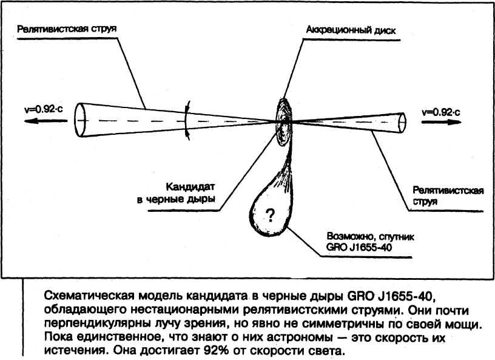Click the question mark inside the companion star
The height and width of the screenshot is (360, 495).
[270, 216]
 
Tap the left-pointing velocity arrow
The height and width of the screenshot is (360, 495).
[45, 121]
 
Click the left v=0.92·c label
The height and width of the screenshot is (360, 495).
[43, 109]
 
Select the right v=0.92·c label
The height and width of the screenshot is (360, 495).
[440, 112]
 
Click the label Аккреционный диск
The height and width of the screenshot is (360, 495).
[351, 30]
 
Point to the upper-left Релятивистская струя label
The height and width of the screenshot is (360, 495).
[67, 29]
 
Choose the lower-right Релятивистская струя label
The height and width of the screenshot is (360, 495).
[448, 196]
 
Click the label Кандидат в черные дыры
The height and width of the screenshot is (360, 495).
[177, 193]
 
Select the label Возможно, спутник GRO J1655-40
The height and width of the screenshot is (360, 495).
[370, 242]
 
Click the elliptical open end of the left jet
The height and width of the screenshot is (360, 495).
[79, 120]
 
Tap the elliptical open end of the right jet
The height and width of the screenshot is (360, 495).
[403, 122]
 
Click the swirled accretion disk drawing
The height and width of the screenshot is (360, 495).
[285, 122]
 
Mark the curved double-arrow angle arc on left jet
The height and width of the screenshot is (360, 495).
[187, 120]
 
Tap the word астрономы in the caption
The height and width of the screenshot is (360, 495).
[300, 338]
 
